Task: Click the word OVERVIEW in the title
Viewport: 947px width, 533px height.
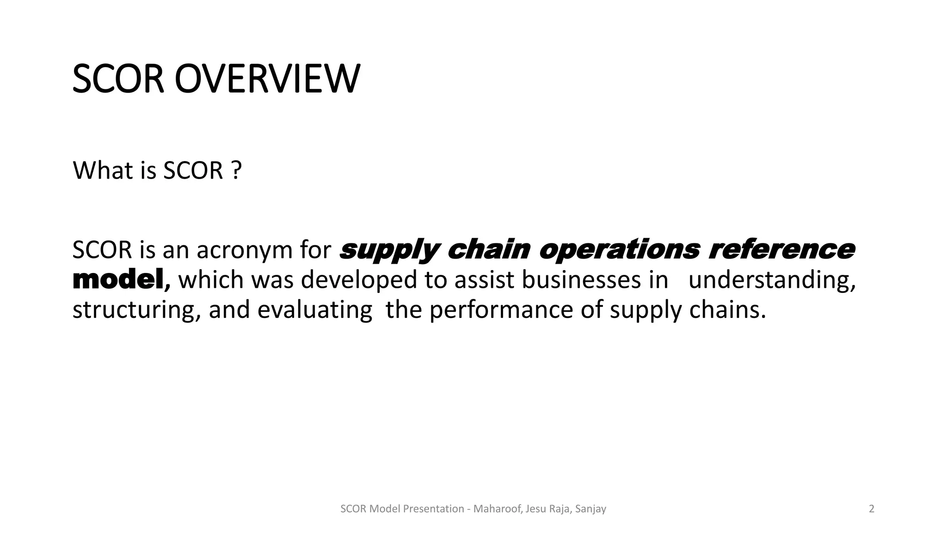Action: (x=267, y=79)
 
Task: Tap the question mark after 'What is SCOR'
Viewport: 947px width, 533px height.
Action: (x=236, y=170)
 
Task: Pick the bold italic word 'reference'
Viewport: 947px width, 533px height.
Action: (x=781, y=250)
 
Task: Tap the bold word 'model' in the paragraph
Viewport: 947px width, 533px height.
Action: (x=118, y=280)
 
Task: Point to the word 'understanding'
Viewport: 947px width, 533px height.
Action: (x=771, y=280)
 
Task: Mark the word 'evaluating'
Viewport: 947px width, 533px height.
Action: (x=314, y=310)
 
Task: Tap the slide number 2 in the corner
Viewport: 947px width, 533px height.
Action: (x=872, y=509)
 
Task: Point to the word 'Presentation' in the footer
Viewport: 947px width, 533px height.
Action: (x=434, y=509)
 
